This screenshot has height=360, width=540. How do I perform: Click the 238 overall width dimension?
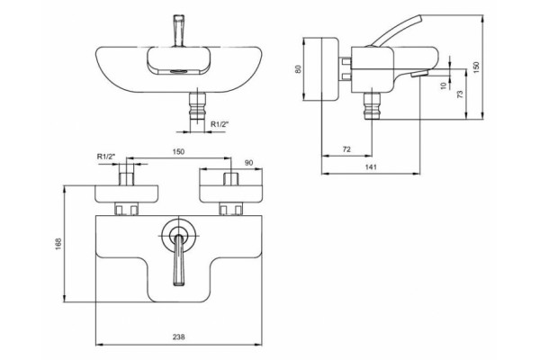pyautogui.click(x=179, y=337)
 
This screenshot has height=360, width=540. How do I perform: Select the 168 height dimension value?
pyautogui.click(x=58, y=244)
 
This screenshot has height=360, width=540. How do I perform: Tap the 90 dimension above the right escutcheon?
pyautogui.click(x=248, y=163)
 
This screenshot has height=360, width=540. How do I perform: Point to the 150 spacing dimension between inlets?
pyautogui.click(x=178, y=151)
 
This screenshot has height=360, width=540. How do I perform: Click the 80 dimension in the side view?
pyautogui.click(x=299, y=68)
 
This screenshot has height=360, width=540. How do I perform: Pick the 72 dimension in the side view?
pyautogui.click(x=346, y=149)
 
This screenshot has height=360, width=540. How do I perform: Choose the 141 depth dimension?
pyautogui.click(x=371, y=167)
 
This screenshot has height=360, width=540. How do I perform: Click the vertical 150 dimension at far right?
pyautogui.click(x=476, y=67)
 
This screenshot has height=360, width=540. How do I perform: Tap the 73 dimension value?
pyautogui.click(x=460, y=94)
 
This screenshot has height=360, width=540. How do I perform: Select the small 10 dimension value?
pyautogui.click(x=444, y=85)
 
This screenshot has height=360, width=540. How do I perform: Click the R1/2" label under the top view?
pyautogui.click(x=220, y=124)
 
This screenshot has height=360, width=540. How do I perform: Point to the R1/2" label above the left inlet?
pyautogui.click(x=105, y=157)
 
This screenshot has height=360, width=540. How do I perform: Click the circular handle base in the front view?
pyautogui.click(x=179, y=235)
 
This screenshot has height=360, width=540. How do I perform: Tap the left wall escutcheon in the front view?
pyautogui.click(x=127, y=194)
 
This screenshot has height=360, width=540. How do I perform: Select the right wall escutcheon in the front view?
pyautogui.click(x=230, y=194)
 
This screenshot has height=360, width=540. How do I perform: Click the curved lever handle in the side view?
pyautogui.click(x=396, y=31)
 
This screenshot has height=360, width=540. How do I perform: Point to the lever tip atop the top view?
pyautogui.click(x=179, y=31)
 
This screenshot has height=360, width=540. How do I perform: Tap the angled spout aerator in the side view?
pyautogui.click(x=419, y=74)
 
